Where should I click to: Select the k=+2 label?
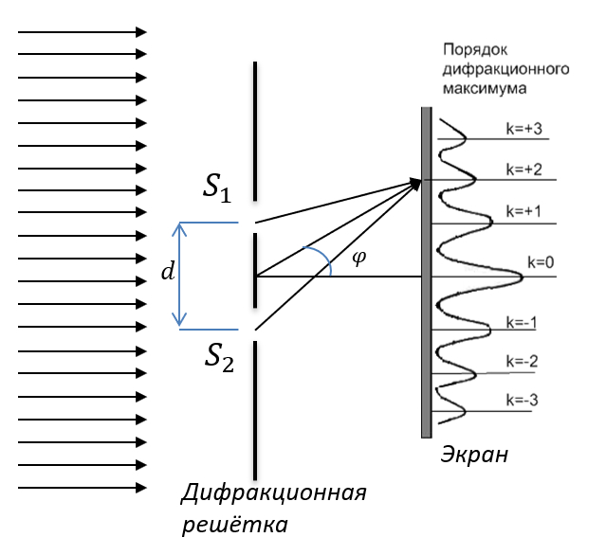(523, 169)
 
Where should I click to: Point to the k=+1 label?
(523, 210)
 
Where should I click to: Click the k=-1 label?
(523, 323)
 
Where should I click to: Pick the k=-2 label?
(523, 361)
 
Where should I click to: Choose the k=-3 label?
(523, 400)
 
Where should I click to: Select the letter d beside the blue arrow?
(168, 273)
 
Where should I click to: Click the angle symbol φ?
(358, 258)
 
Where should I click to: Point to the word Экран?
(474, 455)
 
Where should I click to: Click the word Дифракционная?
(273, 493)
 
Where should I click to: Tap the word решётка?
(233, 522)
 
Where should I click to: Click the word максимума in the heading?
(486, 87)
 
